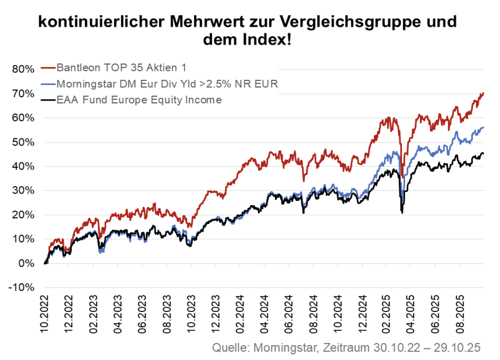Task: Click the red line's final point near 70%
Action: point(483,93)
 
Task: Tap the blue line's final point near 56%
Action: point(483,127)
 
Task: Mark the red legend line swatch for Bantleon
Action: point(48,67)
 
